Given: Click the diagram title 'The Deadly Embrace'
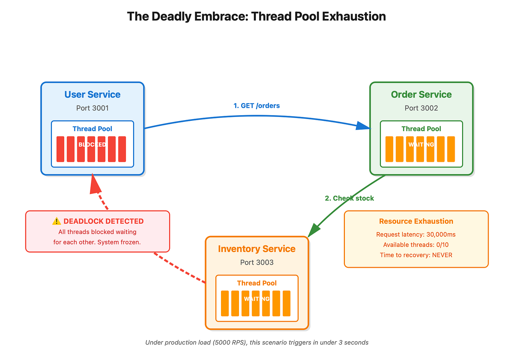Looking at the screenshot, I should tap(256, 17).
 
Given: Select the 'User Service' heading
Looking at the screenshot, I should tap(92, 95).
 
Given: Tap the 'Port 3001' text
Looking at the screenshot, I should tap(92, 108).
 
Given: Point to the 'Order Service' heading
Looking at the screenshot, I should tap(421, 95).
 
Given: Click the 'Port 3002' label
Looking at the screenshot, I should tap(421, 108).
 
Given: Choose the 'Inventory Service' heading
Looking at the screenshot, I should tap(257, 249).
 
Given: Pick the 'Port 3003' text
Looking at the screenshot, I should tap(257, 262).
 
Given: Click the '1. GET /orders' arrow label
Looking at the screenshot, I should tap(257, 106).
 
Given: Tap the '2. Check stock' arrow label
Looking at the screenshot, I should tap(349, 198).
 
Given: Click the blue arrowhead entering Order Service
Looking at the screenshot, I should tap(363, 126).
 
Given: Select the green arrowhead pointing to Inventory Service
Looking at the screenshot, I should tap(313, 231).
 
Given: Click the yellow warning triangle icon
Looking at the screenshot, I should tap(56, 221).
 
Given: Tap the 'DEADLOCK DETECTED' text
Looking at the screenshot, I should tap(103, 221).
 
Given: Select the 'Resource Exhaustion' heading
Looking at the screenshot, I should tap(416, 221).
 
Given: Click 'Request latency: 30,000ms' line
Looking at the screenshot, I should tap(416, 235).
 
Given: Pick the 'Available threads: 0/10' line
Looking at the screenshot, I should tap(416, 245).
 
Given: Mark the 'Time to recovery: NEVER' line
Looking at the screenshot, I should tap(416, 255).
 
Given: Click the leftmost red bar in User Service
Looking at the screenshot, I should tap(60, 149).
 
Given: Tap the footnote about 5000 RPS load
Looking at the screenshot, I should tap(257, 342).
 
